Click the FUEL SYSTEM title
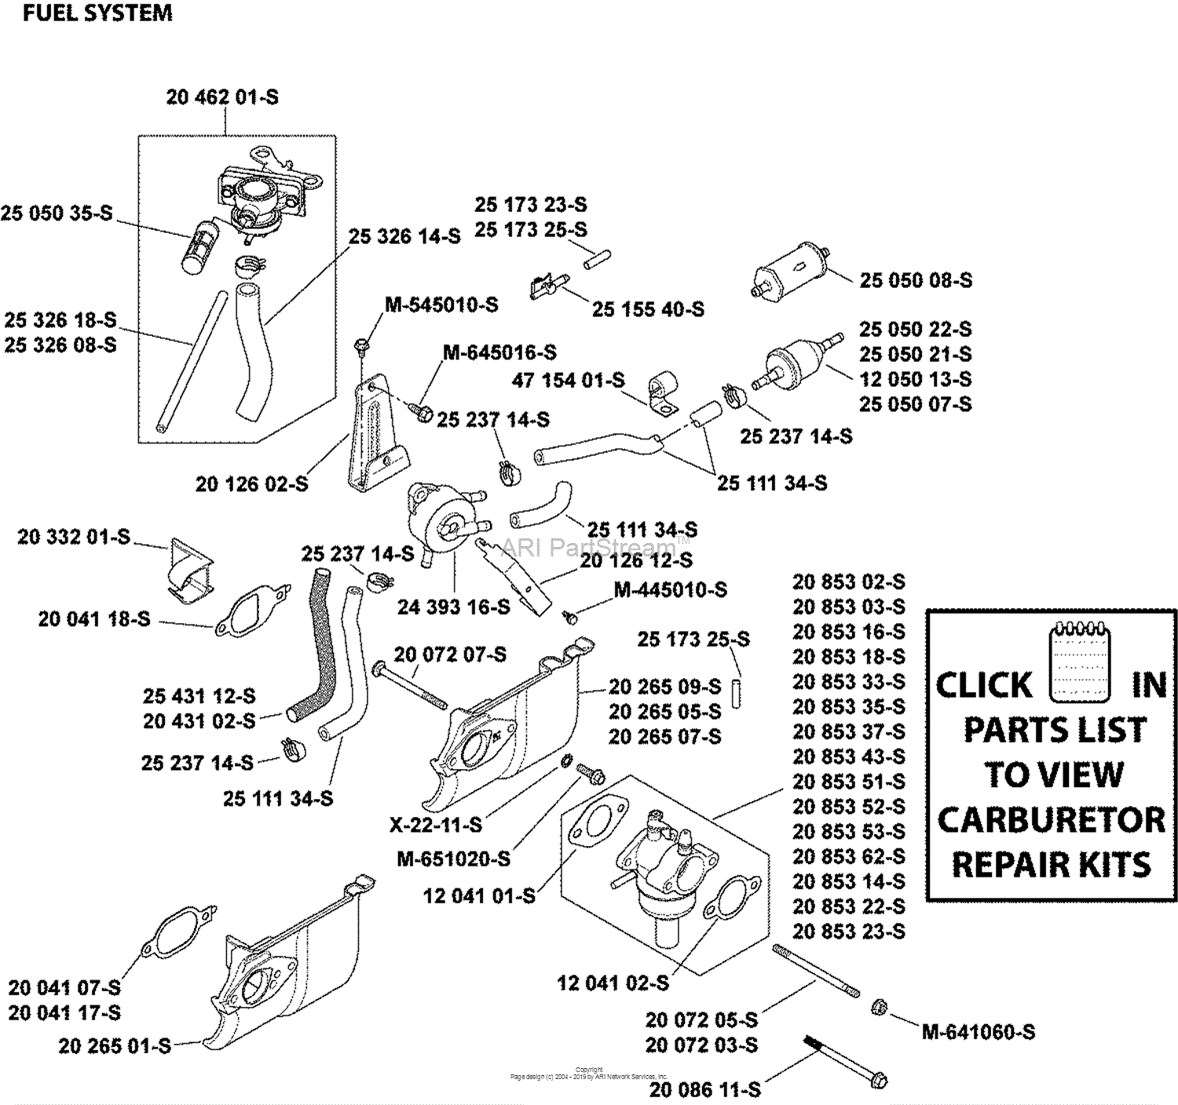[97, 13]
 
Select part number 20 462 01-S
[222, 97]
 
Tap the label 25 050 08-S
[916, 280]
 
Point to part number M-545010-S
[441, 305]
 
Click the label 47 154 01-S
[569, 381]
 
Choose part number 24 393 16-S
[453, 607]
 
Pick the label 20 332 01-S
[74, 537]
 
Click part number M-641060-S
[979, 1032]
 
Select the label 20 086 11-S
[705, 1089]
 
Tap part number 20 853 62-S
[849, 856]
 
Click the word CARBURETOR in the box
[1052, 820]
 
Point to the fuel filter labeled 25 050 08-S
[791, 270]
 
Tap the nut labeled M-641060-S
[880, 1007]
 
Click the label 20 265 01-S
[115, 1046]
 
